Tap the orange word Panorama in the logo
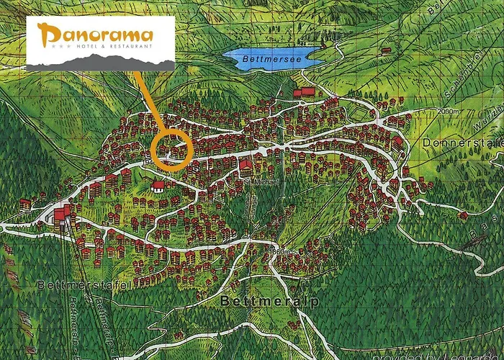point(96,34)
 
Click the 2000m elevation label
point(446,112)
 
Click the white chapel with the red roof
point(157,186)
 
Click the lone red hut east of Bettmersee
point(387,50)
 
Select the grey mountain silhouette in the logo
point(100,64)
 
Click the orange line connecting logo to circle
point(146,101)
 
